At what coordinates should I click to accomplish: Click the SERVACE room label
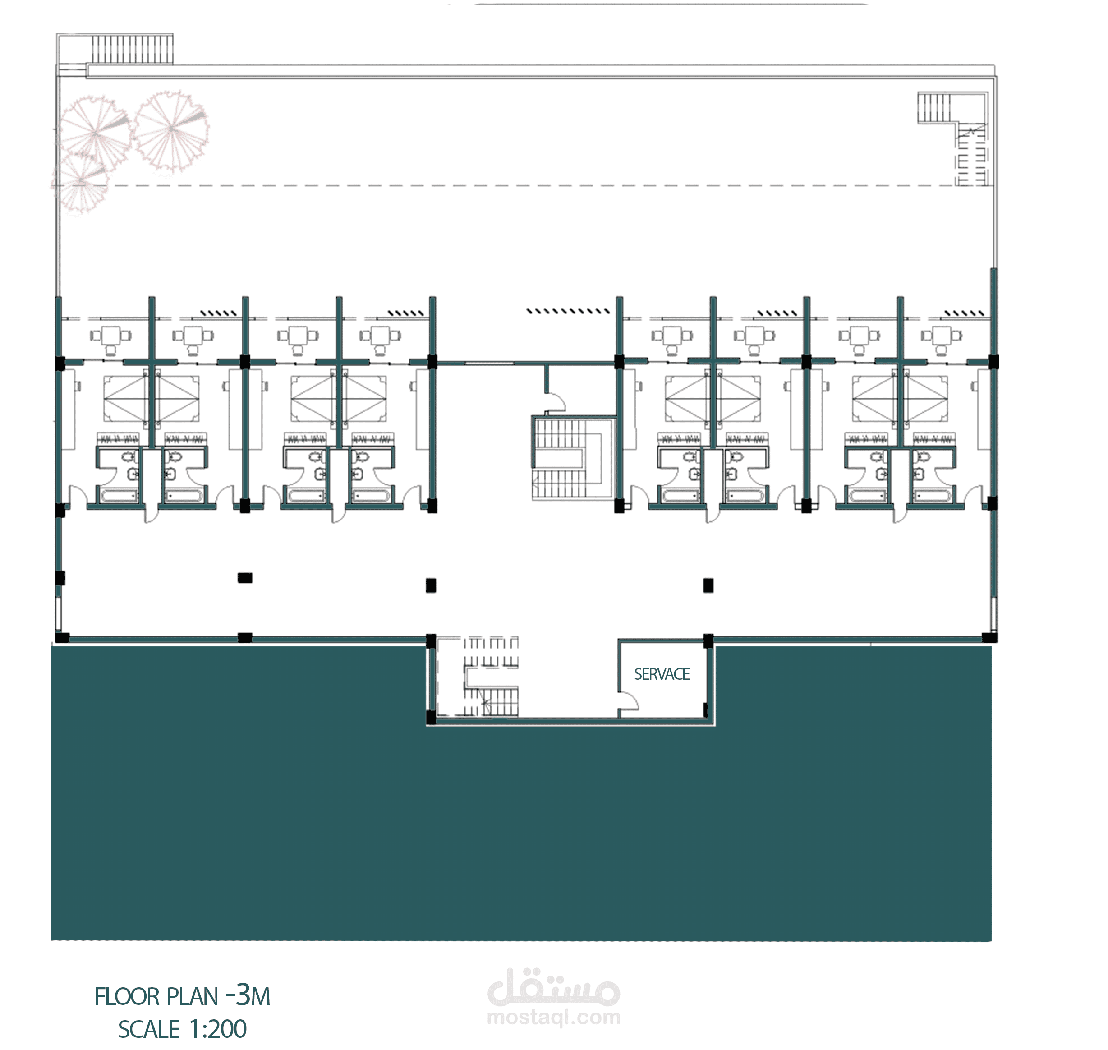(x=662, y=674)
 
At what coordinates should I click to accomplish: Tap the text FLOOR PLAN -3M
(x=183, y=996)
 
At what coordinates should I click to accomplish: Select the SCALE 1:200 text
(x=183, y=1029)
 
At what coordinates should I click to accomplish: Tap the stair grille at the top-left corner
(x=132, y=50)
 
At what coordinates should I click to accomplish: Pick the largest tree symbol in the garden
(x=170, y=130)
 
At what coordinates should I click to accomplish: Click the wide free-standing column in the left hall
(x=245, y=578)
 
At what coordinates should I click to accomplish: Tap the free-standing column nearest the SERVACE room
(x=708, y=585)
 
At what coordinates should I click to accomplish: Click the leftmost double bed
(x=124, y=399)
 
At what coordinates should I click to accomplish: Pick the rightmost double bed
(x=927, y=399)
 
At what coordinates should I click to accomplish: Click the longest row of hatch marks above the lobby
(x=568, y=311)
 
